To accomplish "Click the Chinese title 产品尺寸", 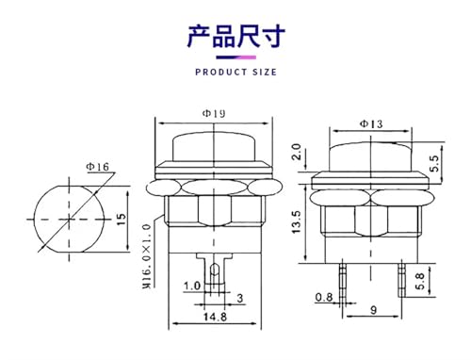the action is coord(236,36).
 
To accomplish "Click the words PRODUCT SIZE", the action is coord(235,73).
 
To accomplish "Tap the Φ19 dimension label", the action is coord(214,113).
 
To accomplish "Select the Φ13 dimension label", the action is coord(371,123).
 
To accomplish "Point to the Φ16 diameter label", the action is coord(98,167).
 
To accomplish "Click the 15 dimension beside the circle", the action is coord(121,219).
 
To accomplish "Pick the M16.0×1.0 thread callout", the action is coord(147,256).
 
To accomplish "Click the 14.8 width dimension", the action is coord(215,317).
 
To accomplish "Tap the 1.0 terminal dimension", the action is coord(191,286).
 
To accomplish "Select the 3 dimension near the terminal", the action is coord(240,298).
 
